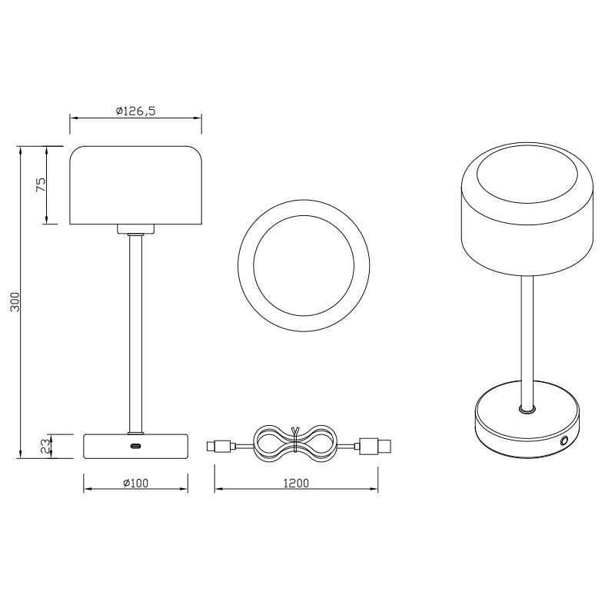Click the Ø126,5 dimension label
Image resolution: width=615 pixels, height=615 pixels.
tap(136, 111)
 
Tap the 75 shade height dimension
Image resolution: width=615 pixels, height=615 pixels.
tap(41, 184)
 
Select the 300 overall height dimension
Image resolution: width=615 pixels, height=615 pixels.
tap(15, 301)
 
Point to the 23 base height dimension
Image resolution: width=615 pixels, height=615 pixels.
tap(45, 446)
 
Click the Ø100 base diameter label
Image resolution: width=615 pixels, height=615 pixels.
tap(136, 483)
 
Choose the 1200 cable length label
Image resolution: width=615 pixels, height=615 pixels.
tap(296, 483)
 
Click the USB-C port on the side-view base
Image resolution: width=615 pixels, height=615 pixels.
tap(136, 446)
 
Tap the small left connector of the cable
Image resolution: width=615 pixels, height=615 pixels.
tap(221, 447)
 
